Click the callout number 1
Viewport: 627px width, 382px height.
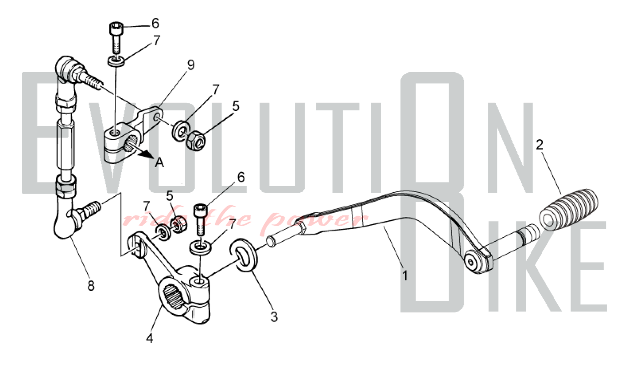click(405, 276)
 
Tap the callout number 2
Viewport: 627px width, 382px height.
click(539, 145)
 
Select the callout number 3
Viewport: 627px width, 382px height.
click(274, 317)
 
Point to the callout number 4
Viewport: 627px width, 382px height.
click(150, 338)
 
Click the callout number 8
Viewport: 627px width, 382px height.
click(91, 286)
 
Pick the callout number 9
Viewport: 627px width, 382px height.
click(191, 65)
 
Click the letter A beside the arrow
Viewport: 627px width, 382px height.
click(160, 163)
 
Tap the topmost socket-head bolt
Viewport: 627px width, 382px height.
click(116, 38)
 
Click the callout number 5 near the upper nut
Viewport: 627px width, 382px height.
click(236, 106)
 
